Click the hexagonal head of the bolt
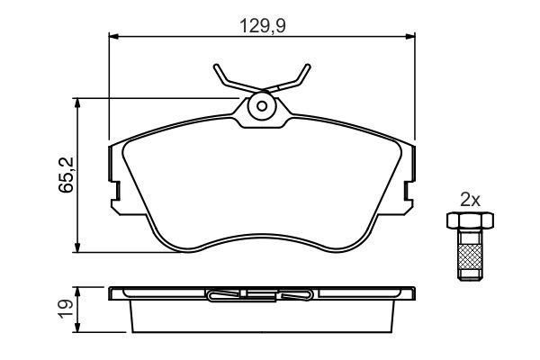click(x=467, y=220)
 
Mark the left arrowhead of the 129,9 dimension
click(x=113, y=37)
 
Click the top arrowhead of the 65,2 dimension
click(x=78, y=103)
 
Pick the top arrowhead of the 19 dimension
click(x=78, y=292)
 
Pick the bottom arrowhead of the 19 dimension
click(x=78, y=328)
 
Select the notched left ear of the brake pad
click(x=115, y=180)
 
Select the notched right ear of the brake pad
click(x=409, y=180)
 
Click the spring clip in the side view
click(x=261, y=293)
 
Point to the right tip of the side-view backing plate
click(x=413, y=293)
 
